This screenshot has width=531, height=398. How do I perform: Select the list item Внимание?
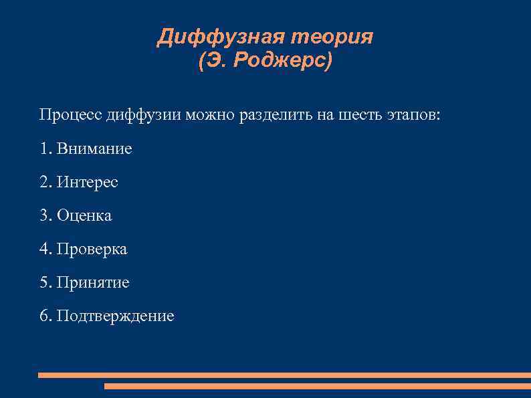[94, 148]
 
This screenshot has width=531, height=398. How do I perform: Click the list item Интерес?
[88, 182]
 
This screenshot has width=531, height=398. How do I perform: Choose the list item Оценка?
[84, 215]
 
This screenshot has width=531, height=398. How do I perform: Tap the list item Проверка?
[92, 249]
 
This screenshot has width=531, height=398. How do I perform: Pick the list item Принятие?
[93, 282]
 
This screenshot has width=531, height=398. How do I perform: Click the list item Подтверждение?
[115, 316]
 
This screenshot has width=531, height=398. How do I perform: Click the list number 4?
[44, 249]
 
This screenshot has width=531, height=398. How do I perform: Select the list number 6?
[44, 316]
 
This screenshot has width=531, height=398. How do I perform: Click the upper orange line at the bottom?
[284, 375]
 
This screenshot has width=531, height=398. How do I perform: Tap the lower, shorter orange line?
[318, 386]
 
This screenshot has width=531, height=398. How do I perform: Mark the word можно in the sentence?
[210, 114]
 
